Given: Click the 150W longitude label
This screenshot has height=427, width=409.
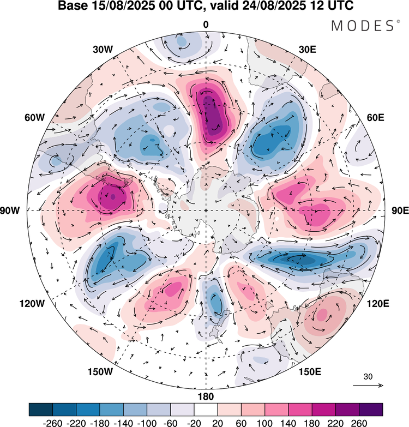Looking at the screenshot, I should click(x=100, y=372).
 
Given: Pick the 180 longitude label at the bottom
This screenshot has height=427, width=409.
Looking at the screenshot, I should click(x=206, y=396).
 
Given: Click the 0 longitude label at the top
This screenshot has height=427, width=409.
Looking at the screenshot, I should click(x=206, y=25).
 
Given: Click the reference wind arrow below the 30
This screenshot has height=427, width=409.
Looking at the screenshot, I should click(x=368, y=385).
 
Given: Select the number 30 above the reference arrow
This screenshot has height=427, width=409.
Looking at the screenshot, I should click(x=368, y=376).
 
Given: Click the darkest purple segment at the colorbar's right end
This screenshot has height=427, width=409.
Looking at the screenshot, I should click(x=370, y=410).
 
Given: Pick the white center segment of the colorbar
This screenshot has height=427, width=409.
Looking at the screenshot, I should click(x=206, y=410).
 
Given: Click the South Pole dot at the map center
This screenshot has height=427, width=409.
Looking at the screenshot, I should click(x=206, y=211).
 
